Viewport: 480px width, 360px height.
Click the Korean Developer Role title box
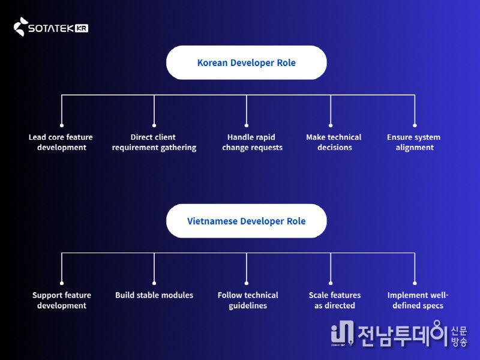(246, 62)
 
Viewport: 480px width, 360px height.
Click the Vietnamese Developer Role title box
(246, 221)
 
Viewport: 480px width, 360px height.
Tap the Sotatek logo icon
(20, 27)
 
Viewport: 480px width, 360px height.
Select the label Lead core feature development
(61, 142)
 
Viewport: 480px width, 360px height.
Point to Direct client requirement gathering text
(154, 142)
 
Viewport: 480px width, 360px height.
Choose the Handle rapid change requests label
(252, 142)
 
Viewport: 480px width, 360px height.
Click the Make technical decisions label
(334, 142)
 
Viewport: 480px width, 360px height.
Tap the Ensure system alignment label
(414, 142)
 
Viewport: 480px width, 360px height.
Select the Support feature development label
(62, 300)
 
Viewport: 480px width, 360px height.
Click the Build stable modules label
(154, 295)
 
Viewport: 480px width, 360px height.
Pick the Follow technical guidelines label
(248, 300)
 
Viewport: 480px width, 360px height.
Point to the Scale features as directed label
(335, 300)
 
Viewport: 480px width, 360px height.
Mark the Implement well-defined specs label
(418, 300)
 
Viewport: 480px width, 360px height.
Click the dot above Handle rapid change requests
(247, 124)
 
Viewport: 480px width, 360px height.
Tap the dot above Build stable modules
(154, 282)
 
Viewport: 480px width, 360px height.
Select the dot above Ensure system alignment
(415, 124)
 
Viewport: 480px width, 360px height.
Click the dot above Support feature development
(62, 282)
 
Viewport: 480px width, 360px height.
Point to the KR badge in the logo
(82, 28)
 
